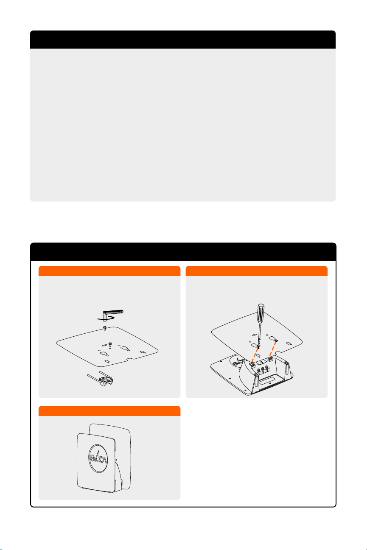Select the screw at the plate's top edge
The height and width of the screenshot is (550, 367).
tap(105, 328)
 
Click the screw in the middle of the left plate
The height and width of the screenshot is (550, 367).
tap(110, 344)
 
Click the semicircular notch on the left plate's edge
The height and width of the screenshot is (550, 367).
tap(129, 359)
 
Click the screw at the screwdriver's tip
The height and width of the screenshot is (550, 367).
tap(258, 346)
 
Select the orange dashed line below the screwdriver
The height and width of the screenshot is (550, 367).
tap(255, 355)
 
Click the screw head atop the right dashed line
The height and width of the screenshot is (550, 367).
tap(276, 341)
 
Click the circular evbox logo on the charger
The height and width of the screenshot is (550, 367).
tap(98, 458)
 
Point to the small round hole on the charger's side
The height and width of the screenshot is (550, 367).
tap(116, 460)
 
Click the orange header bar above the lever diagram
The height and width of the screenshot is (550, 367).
tap(109, 271)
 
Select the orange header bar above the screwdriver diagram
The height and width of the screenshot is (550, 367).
tap(256, 271)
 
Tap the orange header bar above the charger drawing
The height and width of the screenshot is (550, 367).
tap(109, 411)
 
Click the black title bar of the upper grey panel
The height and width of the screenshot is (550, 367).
tap(183, 39)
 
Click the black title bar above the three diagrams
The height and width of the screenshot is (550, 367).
tap(183, 251)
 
